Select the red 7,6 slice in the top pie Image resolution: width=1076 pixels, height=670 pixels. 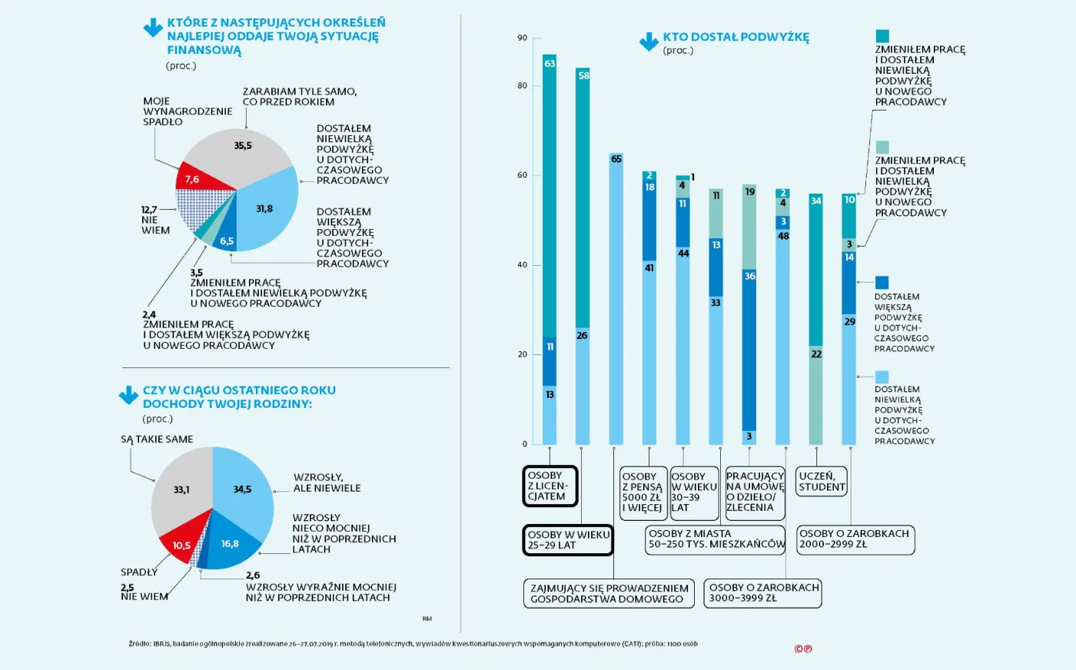(x=195, y=178)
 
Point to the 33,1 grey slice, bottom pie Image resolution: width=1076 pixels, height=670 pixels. (x=182, y=489)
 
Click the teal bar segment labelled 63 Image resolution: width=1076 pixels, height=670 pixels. (x=550, y=192)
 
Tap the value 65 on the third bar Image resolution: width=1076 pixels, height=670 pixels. (x=616, y=159)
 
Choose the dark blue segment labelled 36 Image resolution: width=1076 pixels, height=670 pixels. (x=749, y=346)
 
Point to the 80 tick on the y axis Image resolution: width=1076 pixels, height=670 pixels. (x=523, y=85)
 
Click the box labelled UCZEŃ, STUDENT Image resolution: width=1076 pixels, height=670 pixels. (x=822, y=482)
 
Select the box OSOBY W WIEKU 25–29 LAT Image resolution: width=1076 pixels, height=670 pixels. (x=569, y=540)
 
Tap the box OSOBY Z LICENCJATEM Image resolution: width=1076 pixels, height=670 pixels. (x=550, y=486)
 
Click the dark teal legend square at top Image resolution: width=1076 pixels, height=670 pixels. (x=882, y=35)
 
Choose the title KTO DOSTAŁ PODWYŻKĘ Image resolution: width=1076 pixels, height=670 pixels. (x=736, y=37)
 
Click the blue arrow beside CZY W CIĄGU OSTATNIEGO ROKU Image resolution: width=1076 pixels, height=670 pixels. (x=128, y=396)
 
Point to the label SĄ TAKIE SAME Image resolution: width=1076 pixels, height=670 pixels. (x=157, y=439)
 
